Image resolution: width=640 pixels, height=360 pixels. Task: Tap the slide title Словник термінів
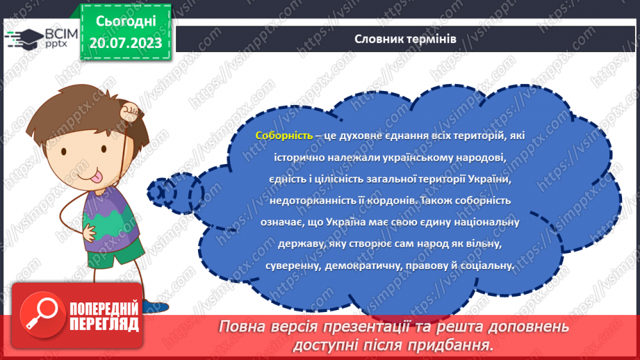point(404,39)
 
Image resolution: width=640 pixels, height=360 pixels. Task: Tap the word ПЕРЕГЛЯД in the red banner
point(104,325)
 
